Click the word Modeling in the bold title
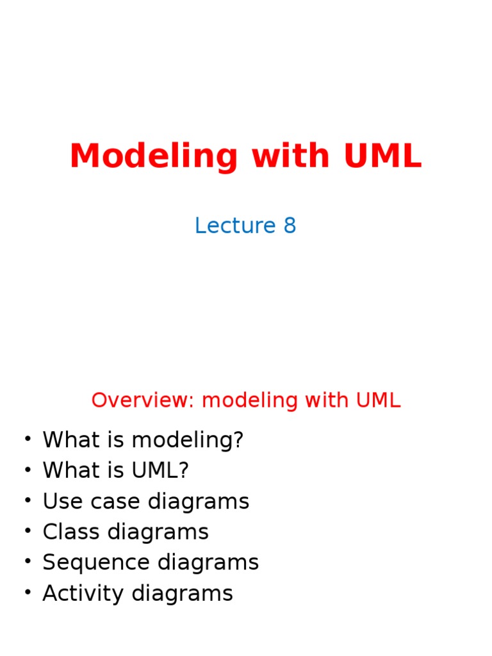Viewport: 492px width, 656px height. (154, 156)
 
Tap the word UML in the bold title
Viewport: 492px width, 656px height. (382, 156)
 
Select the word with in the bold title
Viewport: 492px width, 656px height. (291, 155)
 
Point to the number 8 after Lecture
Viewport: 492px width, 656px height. (290, 225)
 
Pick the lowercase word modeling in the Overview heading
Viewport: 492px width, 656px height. (250, 401)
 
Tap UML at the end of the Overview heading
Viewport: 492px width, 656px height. (378, 400)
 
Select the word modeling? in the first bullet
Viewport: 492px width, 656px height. (188, 440)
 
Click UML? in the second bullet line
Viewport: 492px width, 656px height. (160, 470)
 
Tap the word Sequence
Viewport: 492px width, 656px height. (96, 563)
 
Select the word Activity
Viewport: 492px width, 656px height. (83, 594)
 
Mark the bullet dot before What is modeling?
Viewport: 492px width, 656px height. (28, 438)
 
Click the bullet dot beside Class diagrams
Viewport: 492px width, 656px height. (28, 530)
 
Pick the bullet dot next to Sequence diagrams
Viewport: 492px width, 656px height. (28, 561)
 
